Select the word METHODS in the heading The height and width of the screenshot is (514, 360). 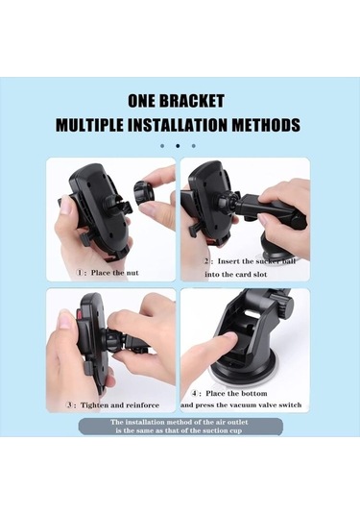click(x=266, y=125)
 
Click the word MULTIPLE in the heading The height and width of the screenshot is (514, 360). click(x=89, y=125)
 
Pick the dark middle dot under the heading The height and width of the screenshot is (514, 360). click(x=178, y=146)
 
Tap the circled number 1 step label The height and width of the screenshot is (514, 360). click(x=80, y=273)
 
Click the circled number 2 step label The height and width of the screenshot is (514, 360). click(x=206, y=261)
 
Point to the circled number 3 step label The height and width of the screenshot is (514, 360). click(x=69, y=405)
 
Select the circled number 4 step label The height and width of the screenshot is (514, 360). click(x=195, y=393)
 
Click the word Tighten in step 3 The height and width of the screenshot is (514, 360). click(x=94, y=405)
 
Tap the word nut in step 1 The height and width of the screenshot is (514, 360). click(x=132, y=273)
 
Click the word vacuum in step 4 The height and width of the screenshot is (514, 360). click(x=242, y=405)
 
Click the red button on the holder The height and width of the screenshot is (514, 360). click(x=79, y=315)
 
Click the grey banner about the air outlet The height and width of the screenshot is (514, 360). click(x=180, y=427)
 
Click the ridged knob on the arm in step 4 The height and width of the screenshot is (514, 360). click(x=286, y=305)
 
